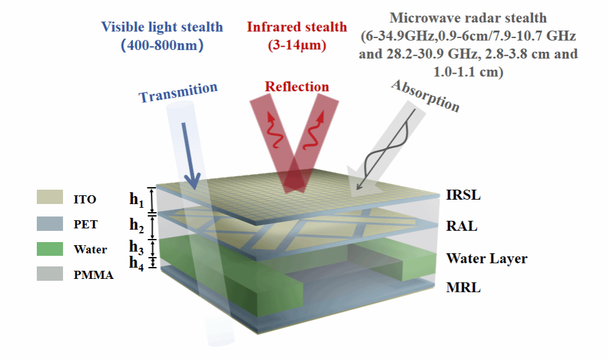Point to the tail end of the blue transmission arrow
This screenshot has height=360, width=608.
pos(184,124)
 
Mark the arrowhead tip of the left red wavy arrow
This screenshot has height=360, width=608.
pos(269,112)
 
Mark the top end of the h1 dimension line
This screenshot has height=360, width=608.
pos(152,188)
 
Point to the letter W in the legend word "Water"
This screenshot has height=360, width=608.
pos(78,249)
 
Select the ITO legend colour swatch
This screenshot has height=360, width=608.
pos(50,197)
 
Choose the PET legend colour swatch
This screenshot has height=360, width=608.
pos(50,223)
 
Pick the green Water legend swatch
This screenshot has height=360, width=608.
pos(50,249)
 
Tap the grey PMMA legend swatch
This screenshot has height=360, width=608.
pos(50,273)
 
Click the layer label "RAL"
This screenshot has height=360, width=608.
pos(461,226)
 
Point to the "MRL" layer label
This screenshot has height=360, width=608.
pos(463,288)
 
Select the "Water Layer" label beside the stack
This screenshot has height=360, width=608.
pos(487,258)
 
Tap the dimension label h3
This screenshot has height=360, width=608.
pos(137,247)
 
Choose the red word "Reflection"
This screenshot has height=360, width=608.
pos(297,87)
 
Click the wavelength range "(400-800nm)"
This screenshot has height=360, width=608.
pos(162,46)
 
